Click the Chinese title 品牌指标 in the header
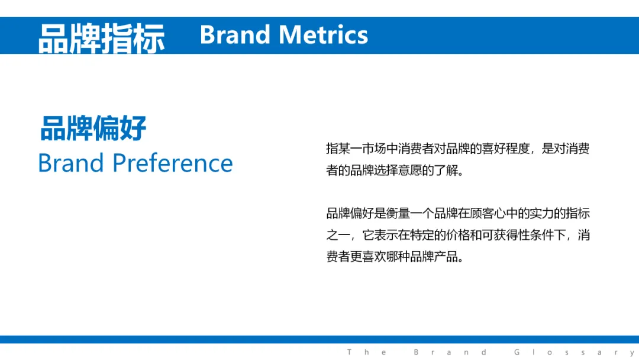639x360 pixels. tap(102, 38)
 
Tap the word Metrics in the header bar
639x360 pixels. tap(323, 35)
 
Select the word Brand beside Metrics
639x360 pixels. tap(235, 35)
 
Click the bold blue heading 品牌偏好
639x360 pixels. tap(93, 128)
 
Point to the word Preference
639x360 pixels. tap(172, 163)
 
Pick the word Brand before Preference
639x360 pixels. tap(71, 163)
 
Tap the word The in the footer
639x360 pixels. tap(366, 352)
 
